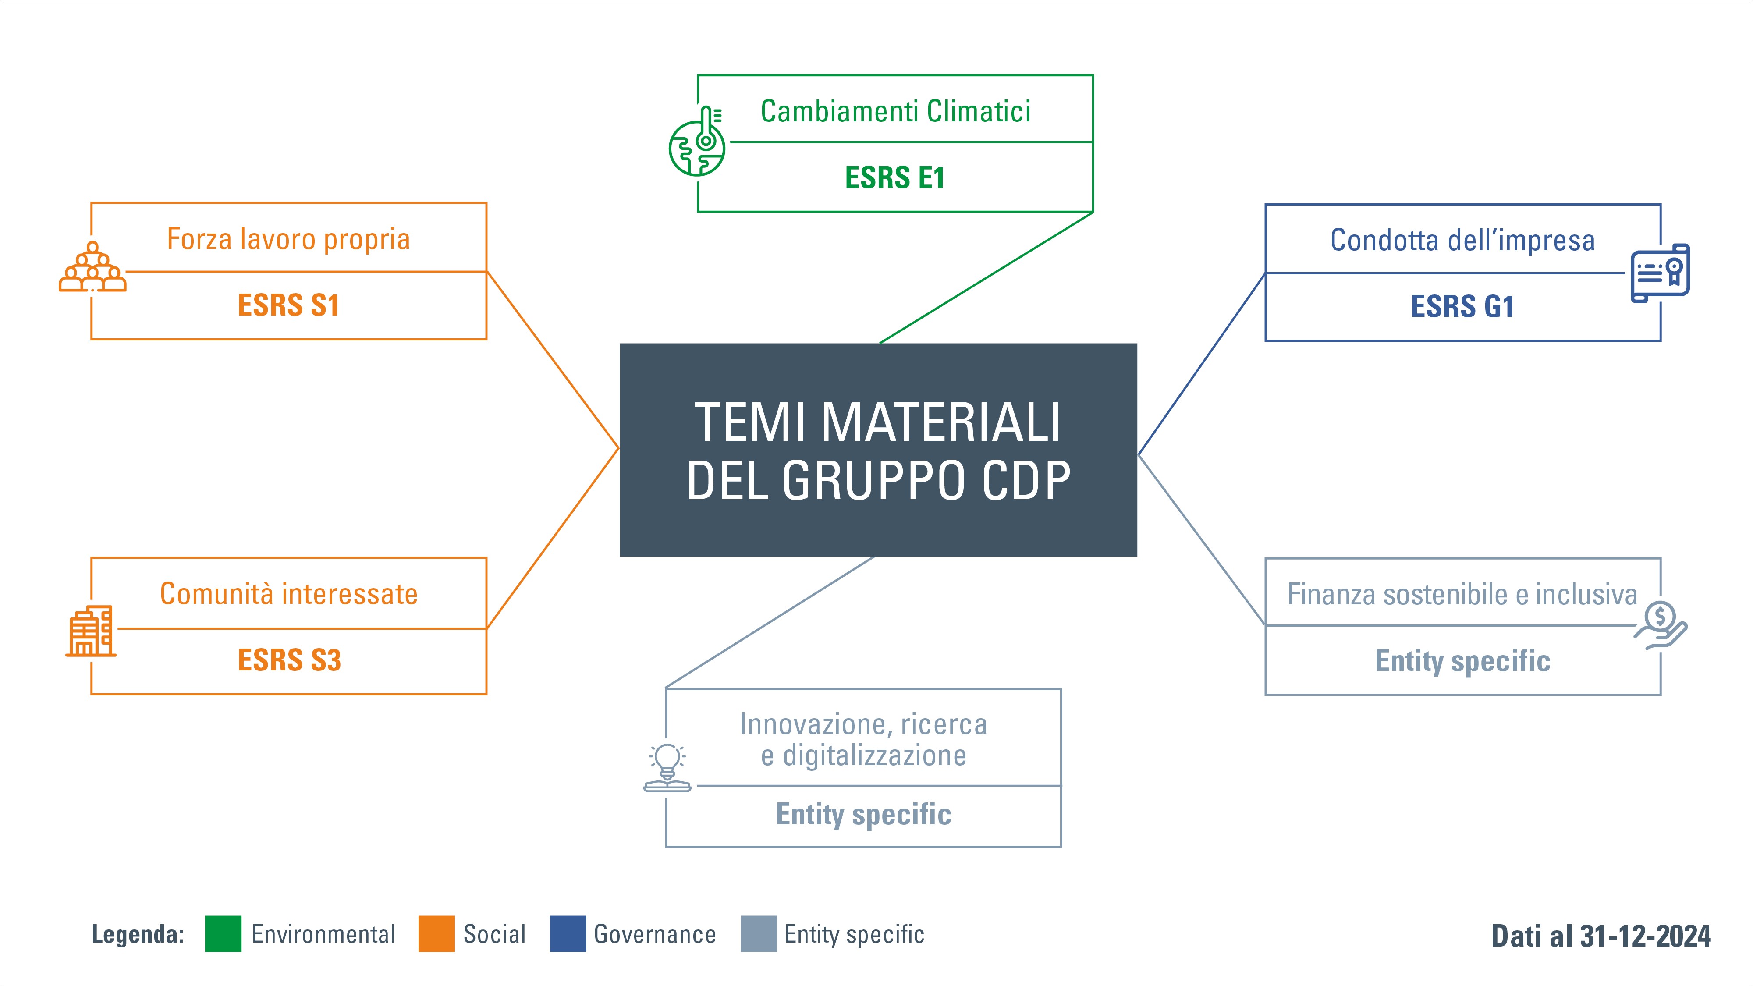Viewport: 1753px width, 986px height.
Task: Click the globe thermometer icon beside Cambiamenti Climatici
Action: [x=697, y=142]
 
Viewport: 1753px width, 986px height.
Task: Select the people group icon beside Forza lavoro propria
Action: [x=92, y=267]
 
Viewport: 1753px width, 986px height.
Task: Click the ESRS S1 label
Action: [x=288, y=305]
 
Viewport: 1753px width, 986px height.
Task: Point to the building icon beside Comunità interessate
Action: [x=91, y=631]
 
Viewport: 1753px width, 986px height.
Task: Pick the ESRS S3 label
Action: [x=289, y=660]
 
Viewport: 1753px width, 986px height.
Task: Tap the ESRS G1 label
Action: [x=1462, y=306]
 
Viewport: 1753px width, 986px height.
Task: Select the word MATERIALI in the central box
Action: [x=941, y=422]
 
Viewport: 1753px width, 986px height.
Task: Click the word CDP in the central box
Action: [x=1027, y=480]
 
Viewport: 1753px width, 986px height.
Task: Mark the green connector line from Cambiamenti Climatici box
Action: [x=986, y=278]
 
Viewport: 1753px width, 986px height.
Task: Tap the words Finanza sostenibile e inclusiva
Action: [x=1462, y=594]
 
